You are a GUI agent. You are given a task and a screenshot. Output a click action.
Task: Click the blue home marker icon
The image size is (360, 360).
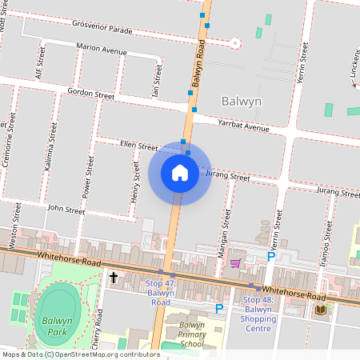(x=180, y=172)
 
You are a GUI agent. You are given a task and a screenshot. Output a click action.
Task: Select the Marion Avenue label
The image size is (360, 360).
(x=102, y=50)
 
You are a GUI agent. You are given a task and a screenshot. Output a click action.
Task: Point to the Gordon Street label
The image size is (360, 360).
(x=91, y=94)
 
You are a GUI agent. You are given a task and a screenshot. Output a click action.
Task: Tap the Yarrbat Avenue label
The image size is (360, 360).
(x=243, y=126)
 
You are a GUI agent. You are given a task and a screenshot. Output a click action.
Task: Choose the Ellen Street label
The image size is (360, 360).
(x=138, y=146)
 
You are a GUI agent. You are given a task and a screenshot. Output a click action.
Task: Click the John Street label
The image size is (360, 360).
(x=66, y=210)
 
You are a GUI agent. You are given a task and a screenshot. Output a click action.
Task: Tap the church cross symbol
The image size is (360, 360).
(x=114, y=278)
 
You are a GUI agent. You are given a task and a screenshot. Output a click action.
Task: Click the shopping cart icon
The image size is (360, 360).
(x=235, y=262)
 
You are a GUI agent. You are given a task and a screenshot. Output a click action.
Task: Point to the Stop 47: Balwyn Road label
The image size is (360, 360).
(x=161, y=293)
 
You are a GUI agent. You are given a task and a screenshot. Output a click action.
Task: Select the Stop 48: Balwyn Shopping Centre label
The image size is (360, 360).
(x=258, y=314)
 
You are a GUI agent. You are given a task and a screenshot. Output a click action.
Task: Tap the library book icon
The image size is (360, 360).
(x=322, y=309)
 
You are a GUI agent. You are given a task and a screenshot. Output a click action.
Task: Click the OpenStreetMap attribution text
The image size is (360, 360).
(x=80, y=354)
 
